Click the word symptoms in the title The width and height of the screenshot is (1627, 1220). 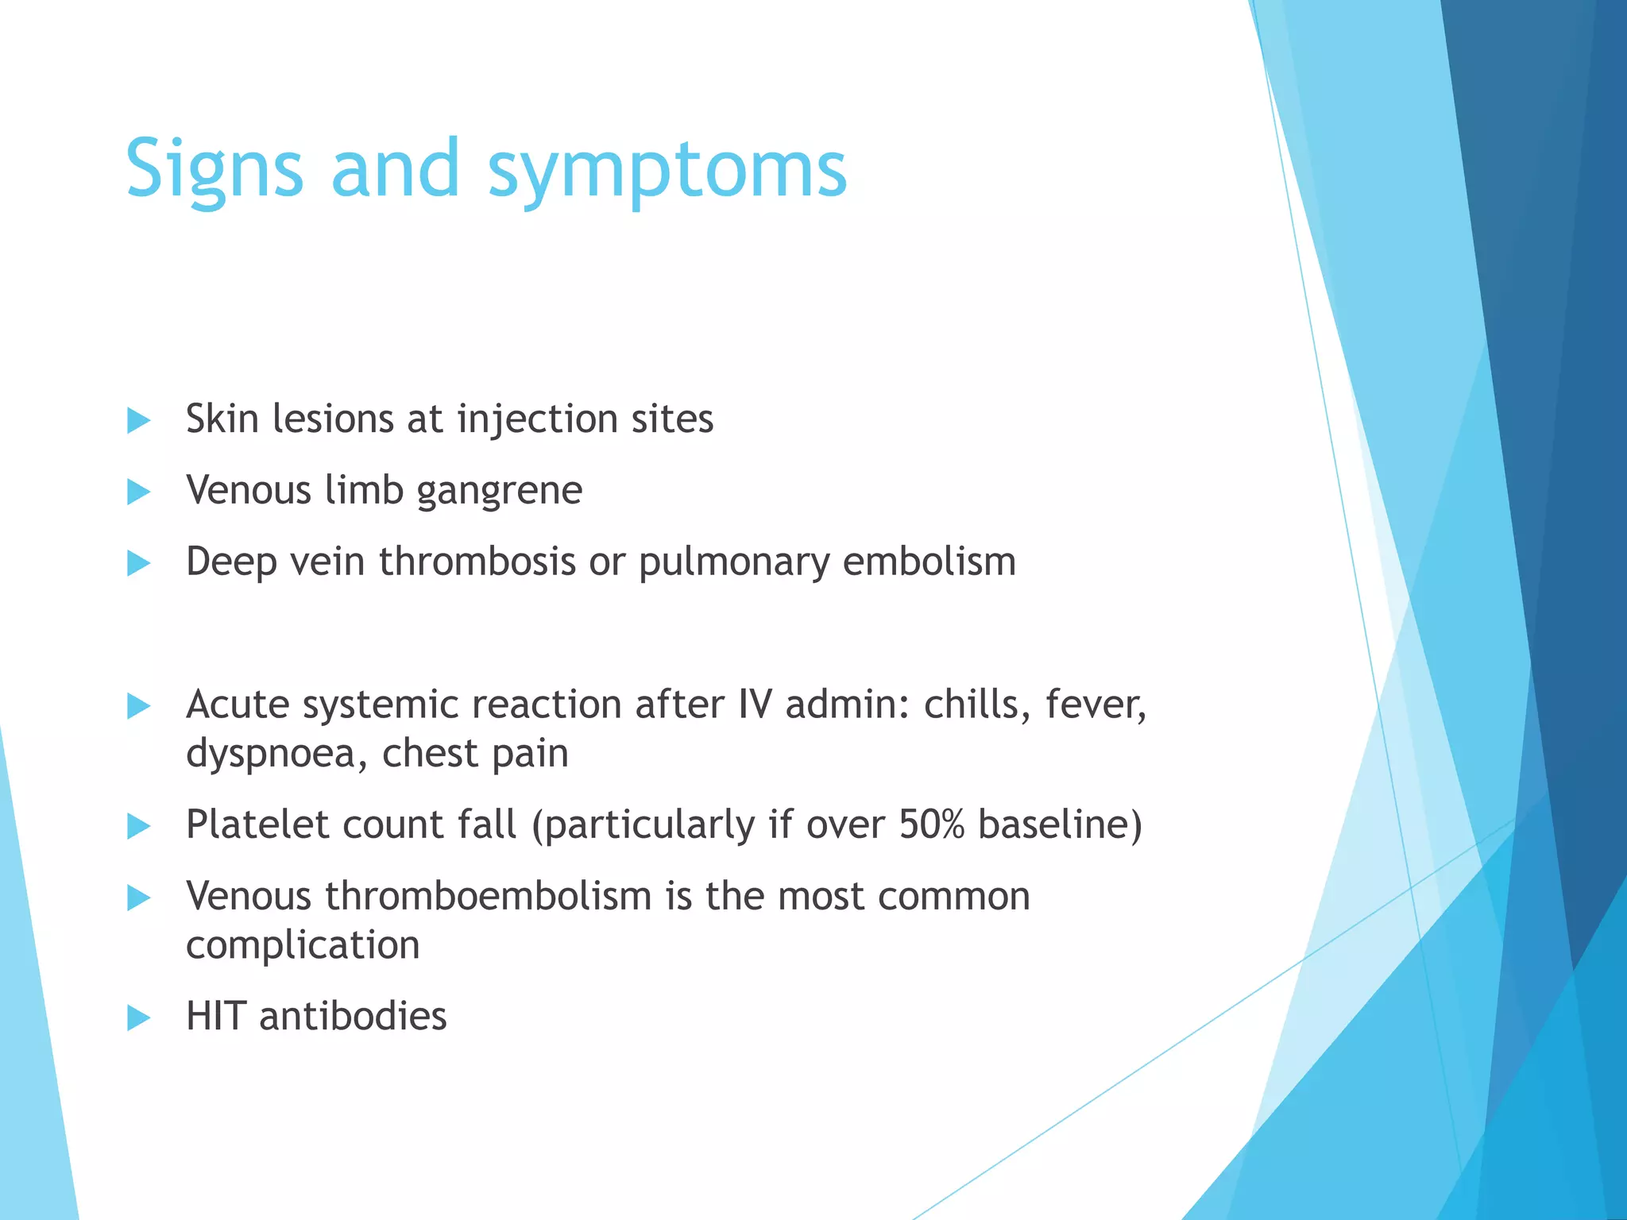click(x=667, y=171)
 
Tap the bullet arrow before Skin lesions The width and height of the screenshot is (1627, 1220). click(x=138, y=420)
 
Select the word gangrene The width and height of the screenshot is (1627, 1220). click(x=499, y=491)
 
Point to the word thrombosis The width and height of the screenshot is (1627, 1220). click(x=477, y=562)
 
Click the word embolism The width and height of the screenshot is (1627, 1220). click(x=929, y=562)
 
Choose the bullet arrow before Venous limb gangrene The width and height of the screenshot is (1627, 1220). click(x=138, y=492)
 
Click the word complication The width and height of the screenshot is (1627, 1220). click(x=303, y=945)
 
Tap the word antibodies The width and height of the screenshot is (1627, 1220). click(x=353, y=1016)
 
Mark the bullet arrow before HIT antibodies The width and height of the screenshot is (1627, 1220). click(x=138, y=1017)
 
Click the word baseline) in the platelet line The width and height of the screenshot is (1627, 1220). click(x=1060, y=824)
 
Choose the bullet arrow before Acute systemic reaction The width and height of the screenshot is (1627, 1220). click(x=138, y=705)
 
